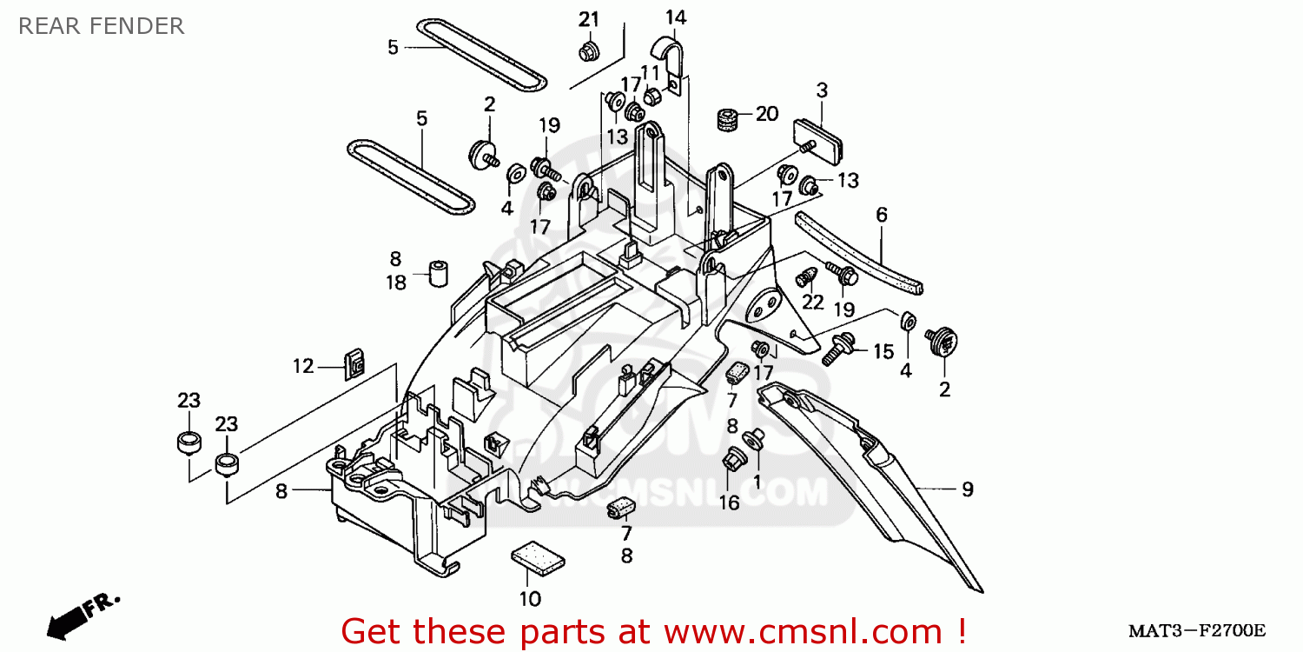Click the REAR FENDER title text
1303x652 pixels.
(x=101, y=26)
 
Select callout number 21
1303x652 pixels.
(x=589, y=19)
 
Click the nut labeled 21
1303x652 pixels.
(x=589, y=50)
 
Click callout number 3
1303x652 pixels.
(x=821, y=90)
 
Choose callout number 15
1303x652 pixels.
(x=883, y=352)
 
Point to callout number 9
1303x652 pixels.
(x=967, y=489)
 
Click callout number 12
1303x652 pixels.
(x=302, y=367)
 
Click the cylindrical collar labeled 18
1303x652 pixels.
(x=440, y=274)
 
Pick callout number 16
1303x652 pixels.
(x=729, y=502)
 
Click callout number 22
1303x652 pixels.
(x=812, y=302)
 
